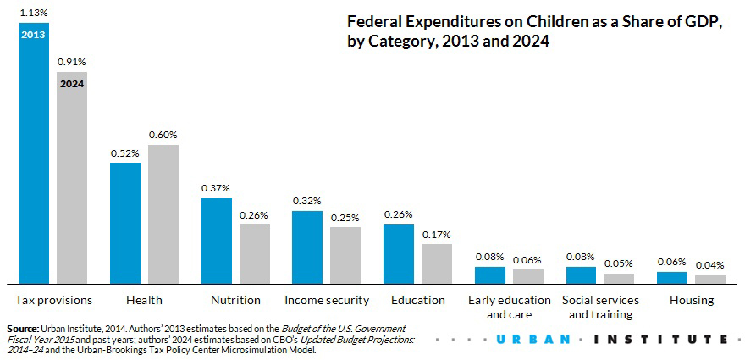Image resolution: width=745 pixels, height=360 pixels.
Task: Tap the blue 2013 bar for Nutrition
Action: tap(216, 241)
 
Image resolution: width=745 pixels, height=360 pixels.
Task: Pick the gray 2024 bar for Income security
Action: tap(345, 255)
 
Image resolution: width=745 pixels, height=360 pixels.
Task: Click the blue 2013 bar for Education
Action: tap(399, 253)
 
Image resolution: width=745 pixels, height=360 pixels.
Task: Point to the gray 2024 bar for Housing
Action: tap(710, 279)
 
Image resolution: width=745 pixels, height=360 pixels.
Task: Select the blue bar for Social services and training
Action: tap(581, 274)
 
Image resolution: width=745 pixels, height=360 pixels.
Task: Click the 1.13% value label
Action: tap(33, 12)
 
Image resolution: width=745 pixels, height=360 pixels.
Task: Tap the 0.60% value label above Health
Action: tap(163, 134)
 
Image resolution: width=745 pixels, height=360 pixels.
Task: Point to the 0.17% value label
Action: tap(437, 234)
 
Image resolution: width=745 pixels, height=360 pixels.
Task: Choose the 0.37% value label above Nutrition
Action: tap(216, 187)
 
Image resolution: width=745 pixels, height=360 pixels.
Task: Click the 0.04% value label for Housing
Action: tap(710, 265)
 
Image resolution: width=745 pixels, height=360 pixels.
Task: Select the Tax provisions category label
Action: tap(53, 300)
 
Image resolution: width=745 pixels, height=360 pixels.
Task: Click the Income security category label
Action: tap(327, 300)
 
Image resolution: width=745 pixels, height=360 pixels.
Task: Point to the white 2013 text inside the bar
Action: tap(34, 36)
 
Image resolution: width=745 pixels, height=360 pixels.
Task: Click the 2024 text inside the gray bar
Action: tap(72, 84)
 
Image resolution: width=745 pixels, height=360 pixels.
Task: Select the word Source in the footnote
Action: tap(22, 328)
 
